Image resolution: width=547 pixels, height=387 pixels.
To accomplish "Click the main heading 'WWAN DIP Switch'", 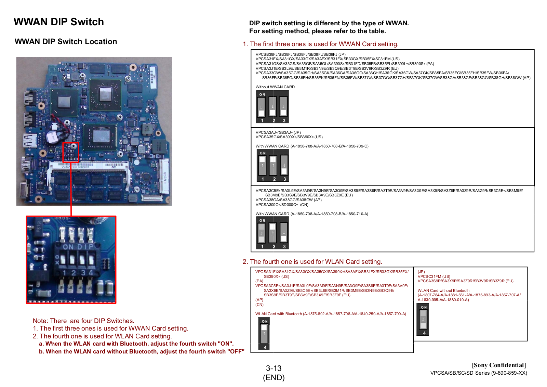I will tap(59, 22).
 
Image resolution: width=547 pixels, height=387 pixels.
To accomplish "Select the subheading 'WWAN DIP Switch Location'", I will tap(66, 42).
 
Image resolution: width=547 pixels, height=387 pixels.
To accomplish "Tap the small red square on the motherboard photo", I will tap(71, 152).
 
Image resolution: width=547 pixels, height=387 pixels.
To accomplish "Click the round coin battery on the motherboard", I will tap(52, 137).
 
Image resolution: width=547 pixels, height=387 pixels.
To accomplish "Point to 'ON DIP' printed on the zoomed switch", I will tap(78, 247).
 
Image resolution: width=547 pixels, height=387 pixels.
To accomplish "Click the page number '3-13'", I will tap(273, 368).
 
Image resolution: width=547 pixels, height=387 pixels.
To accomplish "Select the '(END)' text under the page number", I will tap(273, 377).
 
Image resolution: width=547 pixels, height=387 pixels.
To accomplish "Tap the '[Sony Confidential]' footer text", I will tap(499, 365).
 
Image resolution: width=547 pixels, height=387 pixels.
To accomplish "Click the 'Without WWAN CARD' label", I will tap(275, 87).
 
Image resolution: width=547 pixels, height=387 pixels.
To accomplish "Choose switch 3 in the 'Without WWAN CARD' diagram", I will tap(283, 107).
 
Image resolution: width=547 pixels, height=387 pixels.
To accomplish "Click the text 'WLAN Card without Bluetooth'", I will tap(443, 291).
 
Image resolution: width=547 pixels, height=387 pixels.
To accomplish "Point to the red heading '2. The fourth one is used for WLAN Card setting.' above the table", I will tap(312, 262).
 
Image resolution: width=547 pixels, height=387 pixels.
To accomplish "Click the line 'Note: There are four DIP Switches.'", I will tap(83, 321).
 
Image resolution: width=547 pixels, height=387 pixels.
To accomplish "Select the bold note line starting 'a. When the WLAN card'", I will tap(136, 344).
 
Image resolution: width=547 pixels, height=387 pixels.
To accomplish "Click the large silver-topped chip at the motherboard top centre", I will tap(105, 93).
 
